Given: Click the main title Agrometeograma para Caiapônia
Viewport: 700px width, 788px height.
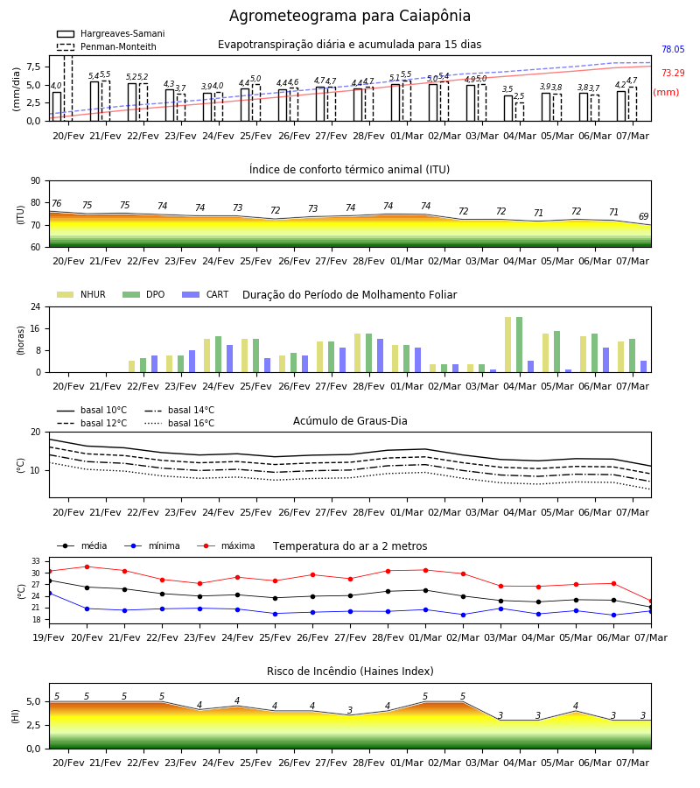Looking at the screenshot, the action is point(349,16).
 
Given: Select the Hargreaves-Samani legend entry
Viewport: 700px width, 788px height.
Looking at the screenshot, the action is point(110,33).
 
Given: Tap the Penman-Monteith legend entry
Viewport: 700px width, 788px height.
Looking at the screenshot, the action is point(107,46).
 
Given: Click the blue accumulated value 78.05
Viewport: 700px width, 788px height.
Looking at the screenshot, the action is point(673,49).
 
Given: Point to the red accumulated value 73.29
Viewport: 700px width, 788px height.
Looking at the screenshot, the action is point(673,73).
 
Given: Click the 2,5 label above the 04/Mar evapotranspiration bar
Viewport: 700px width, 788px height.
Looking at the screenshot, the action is point(519,96).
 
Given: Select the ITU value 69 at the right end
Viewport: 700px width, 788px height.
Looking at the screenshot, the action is point(643,216).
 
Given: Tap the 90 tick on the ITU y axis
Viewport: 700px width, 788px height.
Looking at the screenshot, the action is point(36,181).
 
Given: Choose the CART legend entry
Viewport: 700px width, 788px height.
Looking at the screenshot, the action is point(206,294).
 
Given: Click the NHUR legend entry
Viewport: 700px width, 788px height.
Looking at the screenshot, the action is point(81,294).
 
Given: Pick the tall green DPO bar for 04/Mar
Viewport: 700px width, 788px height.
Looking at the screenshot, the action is point(519,345).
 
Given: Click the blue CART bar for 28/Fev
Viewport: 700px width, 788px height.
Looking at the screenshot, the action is point(380,355).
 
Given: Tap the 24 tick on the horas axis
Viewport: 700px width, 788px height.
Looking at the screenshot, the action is point(36,306).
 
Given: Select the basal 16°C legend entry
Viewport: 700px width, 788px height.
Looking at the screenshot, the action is point(179,423).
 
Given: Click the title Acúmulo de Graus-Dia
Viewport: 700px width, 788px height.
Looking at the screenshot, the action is point(350,420).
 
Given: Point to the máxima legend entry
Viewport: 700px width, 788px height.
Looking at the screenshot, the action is point(226,545).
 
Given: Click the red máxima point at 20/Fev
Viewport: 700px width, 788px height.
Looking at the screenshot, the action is point(87,566).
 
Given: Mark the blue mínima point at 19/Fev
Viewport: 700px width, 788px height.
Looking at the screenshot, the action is point(49,594).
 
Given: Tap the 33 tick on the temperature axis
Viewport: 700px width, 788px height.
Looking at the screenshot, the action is point(36,561).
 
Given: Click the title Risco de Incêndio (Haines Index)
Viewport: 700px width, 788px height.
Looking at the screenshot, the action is point(350,672).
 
